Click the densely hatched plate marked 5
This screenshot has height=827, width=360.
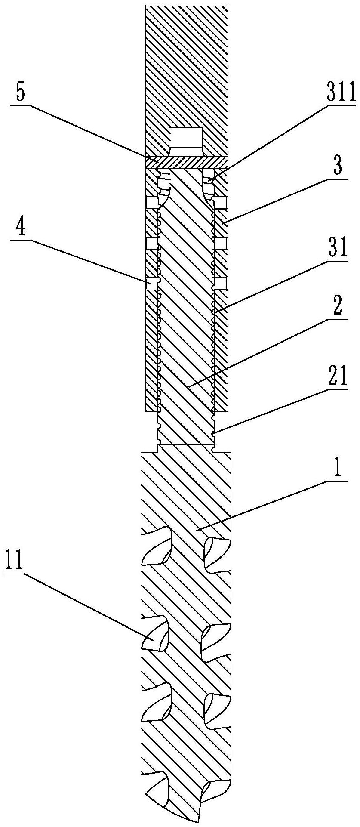186,162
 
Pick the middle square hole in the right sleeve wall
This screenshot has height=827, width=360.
220,244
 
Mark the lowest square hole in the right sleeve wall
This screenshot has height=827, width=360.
220,283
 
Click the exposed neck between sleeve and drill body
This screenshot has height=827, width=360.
186,428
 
